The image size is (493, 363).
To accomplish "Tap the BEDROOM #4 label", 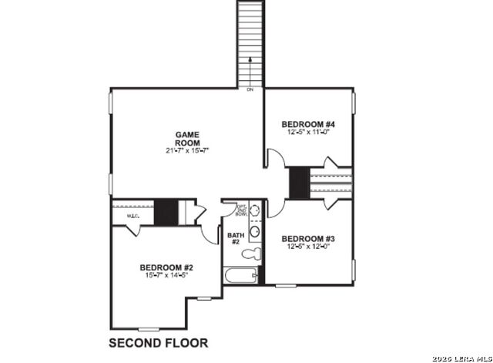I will tap(307, 124).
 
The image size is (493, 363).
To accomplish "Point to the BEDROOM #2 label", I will tap(165, 267).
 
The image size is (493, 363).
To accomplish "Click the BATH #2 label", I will tap(235, 238).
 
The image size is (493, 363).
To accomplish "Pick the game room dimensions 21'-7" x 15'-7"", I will tap(187, 150).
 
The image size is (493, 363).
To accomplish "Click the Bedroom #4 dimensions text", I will tap(307, 133).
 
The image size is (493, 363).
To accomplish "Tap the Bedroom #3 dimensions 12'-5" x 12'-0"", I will tap(307, 247).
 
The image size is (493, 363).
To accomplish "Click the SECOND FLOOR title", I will tap(158, 341).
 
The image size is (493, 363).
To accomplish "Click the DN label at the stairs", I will tap(250, 90).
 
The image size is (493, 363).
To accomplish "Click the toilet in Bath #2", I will tap(250, 253).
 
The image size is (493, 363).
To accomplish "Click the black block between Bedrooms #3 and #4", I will tap(299, 182).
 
